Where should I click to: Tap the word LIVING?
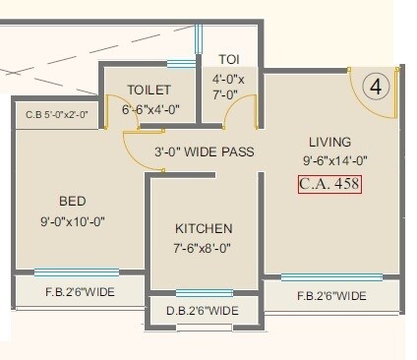pyautogui.click(x=329, y=142)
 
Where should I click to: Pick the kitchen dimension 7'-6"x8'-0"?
pyautogui.click(x=204, y=249)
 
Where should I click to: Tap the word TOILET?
pyautogui.click(x=149, y=90)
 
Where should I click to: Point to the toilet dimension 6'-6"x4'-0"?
pyautogui.click(x=149, y=110)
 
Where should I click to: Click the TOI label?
pyautogui.click(x=227, y=58)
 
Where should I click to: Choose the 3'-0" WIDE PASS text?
pyautogui.click(x=204, y=151)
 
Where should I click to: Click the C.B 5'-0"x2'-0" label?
pyautogui.click(x=57, y=115)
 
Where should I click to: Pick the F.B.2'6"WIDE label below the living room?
pyautogui.click(x=331, y=295)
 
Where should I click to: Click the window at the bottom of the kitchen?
pyautogui.click(x=204, y=292)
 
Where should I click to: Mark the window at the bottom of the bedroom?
pyautogui.click(x=76, y=272)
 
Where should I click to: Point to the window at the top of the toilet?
pyautogui.click(x=180, y=65)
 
